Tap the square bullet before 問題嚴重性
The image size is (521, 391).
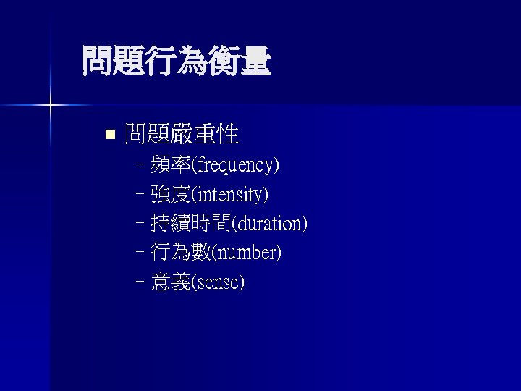[x=110, y=134]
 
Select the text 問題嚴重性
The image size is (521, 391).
[x=182, y=134]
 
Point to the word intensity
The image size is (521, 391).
[x=229, y=195]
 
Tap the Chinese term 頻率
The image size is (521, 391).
[x=170, y=166]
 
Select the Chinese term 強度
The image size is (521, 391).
[x=170, y=195]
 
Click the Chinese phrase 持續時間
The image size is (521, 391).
[x=190, y=224]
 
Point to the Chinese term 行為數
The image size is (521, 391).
[x=180, y=253]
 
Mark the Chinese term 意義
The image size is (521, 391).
[x=170, y=282]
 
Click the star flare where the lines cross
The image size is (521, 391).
[x=50, y=106]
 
